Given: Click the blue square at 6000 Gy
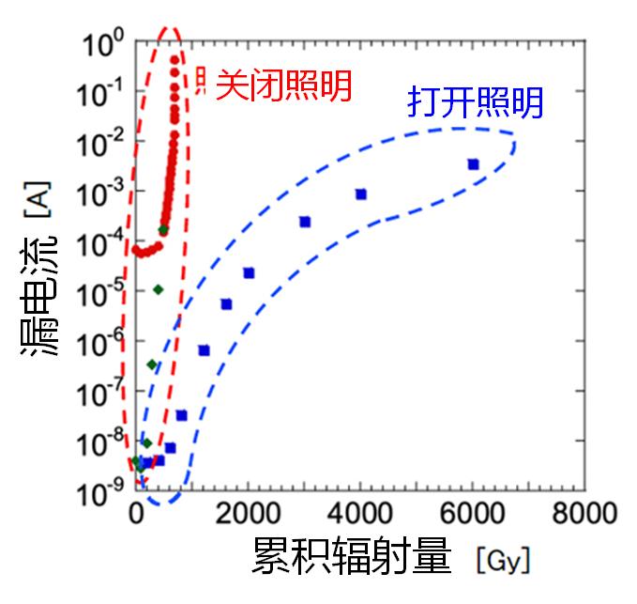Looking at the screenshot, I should [x=473, y=164].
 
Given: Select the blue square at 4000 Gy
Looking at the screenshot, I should [x=361, y=194].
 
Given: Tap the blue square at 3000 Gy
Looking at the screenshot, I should [x=305, y=222].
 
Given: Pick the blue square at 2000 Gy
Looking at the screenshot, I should [x=249, y=273].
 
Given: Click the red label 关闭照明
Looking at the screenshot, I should [x=283, y=86].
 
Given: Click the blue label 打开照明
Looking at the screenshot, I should [x=475, y=102].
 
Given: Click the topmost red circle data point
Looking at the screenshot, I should [x=174, y=60].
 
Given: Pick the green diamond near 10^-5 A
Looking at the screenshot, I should [x=158, y=289].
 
